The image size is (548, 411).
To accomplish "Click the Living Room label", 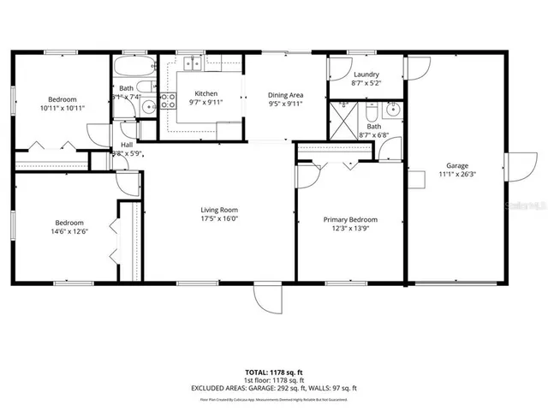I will pyautogui.click(x=219, y=210).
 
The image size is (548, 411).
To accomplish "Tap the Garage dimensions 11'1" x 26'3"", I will pyautogui.click(x=456, y=176).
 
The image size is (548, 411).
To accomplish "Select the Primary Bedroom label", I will pyautogui.click(x=349, y=220).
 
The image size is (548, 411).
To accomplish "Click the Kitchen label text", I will pyautogui.click(x=205, y=93).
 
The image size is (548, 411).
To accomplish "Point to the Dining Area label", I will pyautogui.click(x=285, y=95).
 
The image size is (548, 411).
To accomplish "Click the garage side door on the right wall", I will pyautogui.click(x=519, y=166).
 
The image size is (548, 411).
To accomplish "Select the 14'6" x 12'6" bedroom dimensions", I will pyautogui.click(x=64, y=230).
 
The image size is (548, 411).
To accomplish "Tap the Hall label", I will pyautogui.click(x=127, y=146).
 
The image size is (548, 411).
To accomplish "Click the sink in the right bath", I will pyautogui.click(x=392, y=110).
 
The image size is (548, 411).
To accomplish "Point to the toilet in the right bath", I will pyautogui.click(x=372, y=112).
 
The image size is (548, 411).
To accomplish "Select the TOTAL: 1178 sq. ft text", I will pyautogui.click(x=273, y=372).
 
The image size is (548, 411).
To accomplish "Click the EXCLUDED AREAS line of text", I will pyautogui.click(x=273, y=388).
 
